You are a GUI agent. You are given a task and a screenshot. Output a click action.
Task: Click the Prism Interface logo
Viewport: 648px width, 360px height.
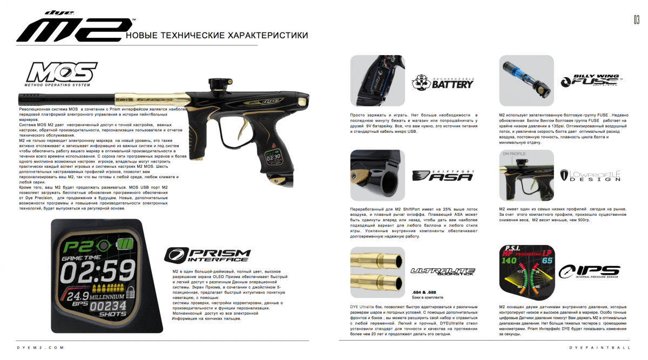(x=207, y=255)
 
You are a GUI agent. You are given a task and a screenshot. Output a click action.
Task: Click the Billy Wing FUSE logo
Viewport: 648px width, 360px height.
(x=590, y=81)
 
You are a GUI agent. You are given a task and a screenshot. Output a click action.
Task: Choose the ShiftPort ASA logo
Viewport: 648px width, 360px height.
(x=443, y=175)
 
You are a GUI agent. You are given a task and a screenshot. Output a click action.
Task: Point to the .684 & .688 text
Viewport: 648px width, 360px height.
(x=424, y=292)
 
